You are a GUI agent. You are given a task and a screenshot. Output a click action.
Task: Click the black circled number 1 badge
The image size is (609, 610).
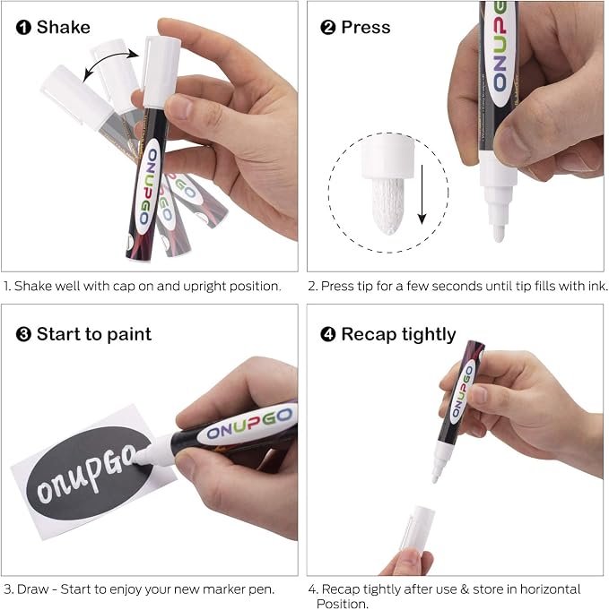23,28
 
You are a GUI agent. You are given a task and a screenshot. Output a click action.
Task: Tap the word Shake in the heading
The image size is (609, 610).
64,27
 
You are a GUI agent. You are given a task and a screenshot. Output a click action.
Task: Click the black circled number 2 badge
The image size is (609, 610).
327,28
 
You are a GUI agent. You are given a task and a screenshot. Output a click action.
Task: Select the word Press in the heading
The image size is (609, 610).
366,27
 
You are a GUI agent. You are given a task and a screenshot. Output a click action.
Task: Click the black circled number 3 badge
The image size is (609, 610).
23,334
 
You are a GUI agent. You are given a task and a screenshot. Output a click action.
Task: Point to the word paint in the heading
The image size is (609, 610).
129,335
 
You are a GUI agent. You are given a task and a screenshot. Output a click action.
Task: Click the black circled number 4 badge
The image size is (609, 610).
327,334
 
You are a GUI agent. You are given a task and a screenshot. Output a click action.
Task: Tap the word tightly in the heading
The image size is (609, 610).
429,335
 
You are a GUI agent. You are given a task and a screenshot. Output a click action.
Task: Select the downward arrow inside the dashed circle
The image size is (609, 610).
422,194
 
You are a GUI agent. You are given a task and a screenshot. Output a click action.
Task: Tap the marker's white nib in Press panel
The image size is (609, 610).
499,233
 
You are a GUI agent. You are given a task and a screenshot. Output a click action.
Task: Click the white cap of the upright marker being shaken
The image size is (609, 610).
161,72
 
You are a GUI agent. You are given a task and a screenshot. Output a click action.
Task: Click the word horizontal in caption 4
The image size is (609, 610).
550,589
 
